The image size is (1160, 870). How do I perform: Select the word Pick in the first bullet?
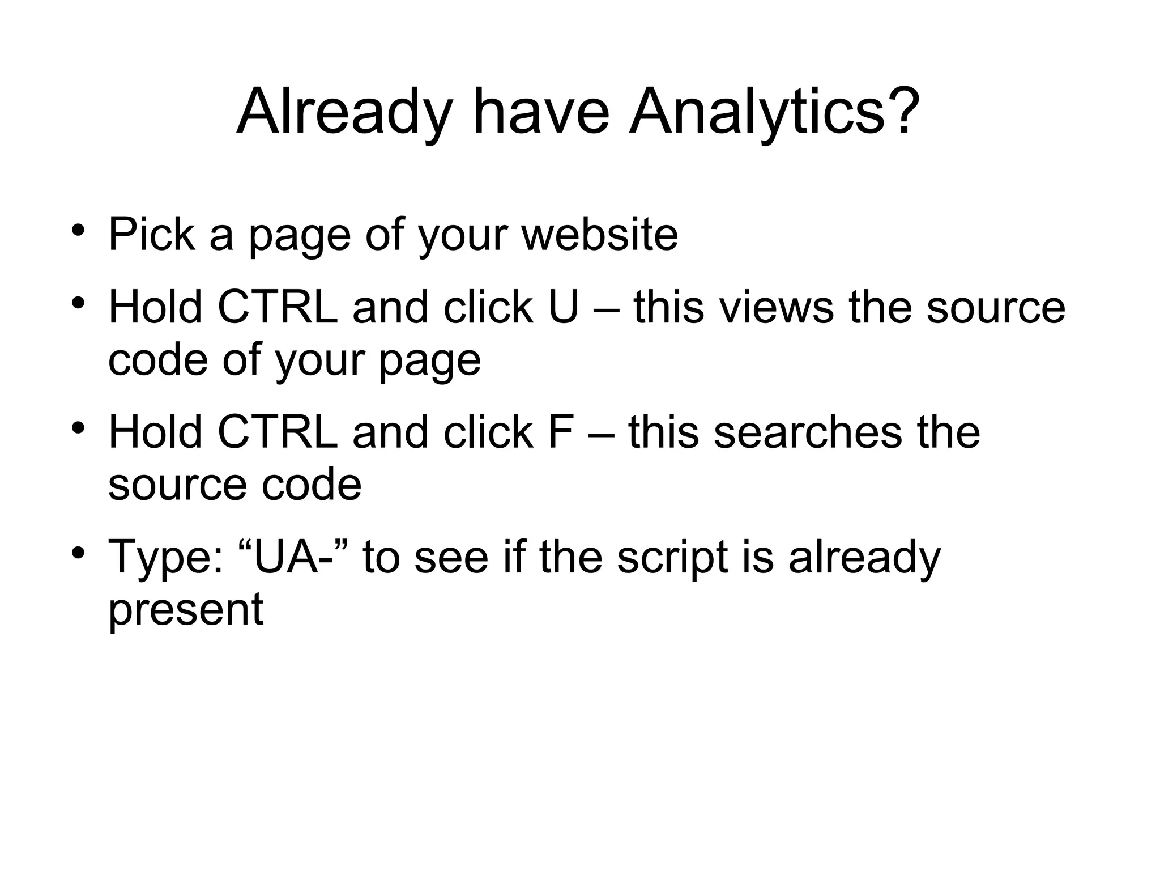coord(152,234)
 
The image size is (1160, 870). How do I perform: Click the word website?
coord(600,234)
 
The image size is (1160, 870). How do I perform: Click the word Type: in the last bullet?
coord(166,558)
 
